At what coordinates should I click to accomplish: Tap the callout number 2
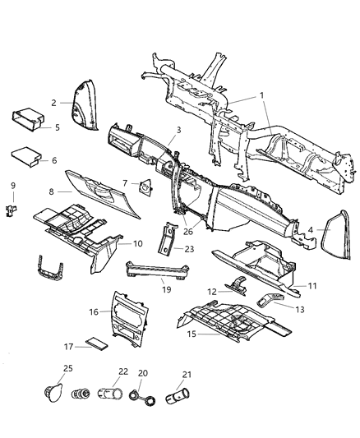53,103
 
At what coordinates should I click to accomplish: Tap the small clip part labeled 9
12,210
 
